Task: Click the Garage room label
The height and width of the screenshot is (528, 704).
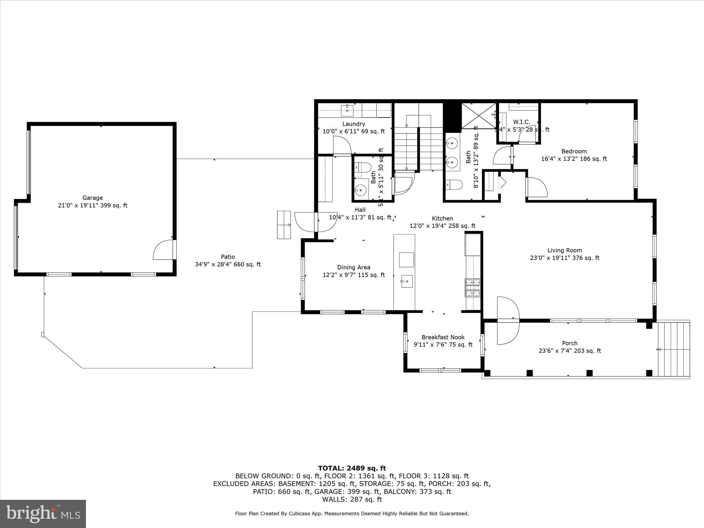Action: point(92,198)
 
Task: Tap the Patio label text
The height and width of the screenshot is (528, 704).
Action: point(228,257)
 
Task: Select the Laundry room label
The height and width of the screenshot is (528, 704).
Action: point(353,124)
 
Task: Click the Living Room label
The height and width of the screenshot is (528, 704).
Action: point(564,250)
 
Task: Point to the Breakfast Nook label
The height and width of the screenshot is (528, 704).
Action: point(443,337)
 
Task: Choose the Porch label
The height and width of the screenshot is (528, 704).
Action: point(570,343)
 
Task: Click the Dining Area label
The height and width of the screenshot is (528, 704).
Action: point(353,267)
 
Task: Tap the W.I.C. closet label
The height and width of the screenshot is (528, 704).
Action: point(521,122)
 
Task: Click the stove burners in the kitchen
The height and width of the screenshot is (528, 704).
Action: point(473,288)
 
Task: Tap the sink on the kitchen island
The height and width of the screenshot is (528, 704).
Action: point(406,281)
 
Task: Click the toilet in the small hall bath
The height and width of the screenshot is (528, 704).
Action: point(363,168)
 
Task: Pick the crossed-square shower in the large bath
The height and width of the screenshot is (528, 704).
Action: point(478,115)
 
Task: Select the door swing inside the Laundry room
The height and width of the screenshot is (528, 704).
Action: point(342,146)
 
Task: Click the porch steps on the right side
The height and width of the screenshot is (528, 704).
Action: point(673,349)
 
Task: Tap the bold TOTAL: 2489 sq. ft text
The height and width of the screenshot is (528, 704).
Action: point(352,468)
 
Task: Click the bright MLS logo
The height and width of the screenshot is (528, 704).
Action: point(43,514)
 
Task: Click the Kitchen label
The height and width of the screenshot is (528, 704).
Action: point(442,218)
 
